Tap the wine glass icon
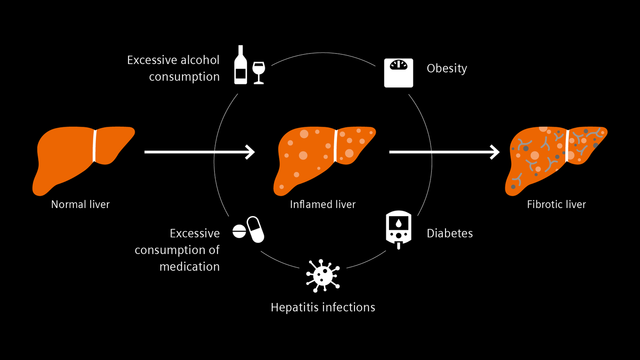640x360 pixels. click(x=258, y=72)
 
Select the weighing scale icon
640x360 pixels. click(x=398, y=72)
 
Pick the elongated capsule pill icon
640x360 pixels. click(x=255, y=229)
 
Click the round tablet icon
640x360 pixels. click(x=239, y=231)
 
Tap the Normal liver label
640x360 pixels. click(x=80, y=205)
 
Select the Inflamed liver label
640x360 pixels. click(x=323, y=205)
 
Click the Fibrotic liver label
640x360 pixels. click(x=556, y=205)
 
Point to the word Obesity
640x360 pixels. click(x=447, y=68)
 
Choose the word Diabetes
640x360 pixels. click(x=450, y=233)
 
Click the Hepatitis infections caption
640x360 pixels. click(x=323, y=307)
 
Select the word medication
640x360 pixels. click(x=190, y=267)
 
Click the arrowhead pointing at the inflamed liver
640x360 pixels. click(x=251, y=152)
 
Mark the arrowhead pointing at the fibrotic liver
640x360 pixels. click(x=495, y=152)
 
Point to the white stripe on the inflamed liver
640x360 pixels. click(x=335, y=146)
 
